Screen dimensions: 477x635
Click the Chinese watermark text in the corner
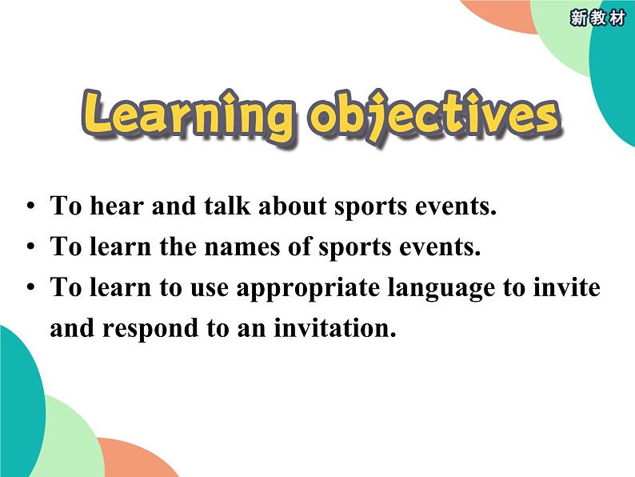(597, 18)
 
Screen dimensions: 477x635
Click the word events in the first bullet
(453, 206)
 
